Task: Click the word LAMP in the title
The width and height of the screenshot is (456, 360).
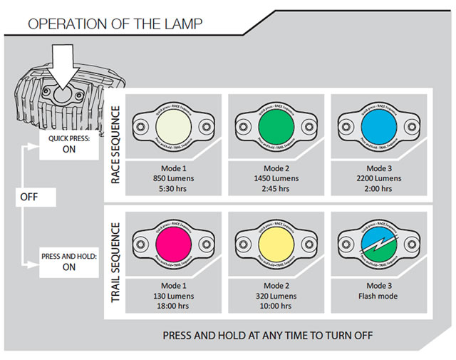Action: click(179, 24)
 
